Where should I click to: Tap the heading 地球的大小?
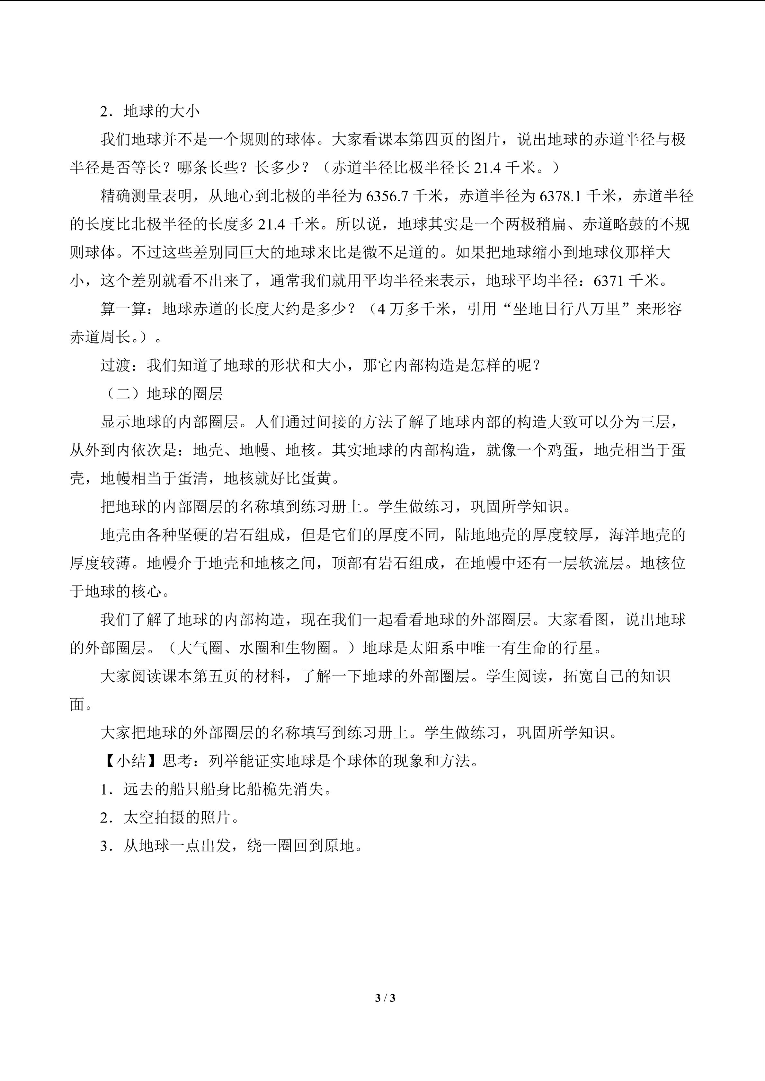click(x=162, y=112)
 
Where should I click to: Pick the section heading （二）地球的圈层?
click(x=162, y=394)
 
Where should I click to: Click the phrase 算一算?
click(x=123, y=309)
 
